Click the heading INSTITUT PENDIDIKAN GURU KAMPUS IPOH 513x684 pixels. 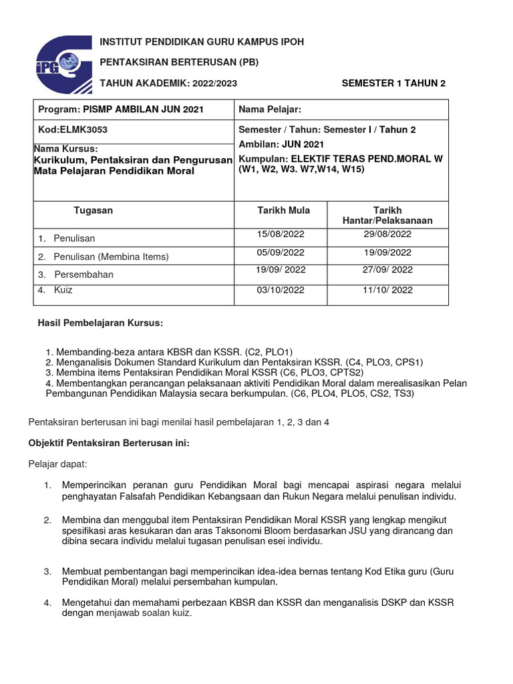202,42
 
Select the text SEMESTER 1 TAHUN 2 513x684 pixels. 393,83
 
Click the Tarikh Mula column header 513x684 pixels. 284,210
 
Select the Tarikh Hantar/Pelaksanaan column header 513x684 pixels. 387,215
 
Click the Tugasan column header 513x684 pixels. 94,210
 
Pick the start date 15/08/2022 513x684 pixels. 281,234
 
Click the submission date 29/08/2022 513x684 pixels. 387,234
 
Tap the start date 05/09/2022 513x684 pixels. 281,252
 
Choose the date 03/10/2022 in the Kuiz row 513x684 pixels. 281,290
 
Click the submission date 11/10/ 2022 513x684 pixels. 388,290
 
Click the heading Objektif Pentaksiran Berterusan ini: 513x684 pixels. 110,444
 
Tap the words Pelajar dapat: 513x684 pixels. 57,464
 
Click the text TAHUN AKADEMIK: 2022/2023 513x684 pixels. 168,83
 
